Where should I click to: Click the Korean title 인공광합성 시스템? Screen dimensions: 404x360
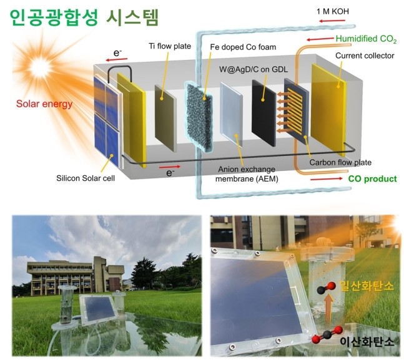(x=84, y=17)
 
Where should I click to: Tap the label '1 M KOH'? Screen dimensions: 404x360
(x=333, y=11)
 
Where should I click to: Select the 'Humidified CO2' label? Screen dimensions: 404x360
(x=366, y=39)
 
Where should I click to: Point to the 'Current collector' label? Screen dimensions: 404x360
(x=365, y=56)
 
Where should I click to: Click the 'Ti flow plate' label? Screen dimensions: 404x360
(x=170, y=46)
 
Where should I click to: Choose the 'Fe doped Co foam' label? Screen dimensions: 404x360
(x=243, y=47)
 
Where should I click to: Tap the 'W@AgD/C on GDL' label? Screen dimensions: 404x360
(x=254, y=69)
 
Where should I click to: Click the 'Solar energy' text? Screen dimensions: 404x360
(x=44, y=104)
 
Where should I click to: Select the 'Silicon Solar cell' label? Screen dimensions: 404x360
(x=86, y=178)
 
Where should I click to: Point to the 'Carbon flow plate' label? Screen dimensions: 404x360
(x=340, y=162)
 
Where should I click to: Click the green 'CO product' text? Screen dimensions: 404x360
(x=372, y=178)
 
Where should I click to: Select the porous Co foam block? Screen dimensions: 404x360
(x=199, y=117)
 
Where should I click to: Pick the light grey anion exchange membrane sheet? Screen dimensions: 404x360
(x=231, y=115)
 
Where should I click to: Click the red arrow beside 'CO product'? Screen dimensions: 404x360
(x=327, y=178)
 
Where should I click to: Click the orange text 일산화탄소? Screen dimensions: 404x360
(x=367, y=286)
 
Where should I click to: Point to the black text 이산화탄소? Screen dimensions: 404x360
(x=367, y=341)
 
